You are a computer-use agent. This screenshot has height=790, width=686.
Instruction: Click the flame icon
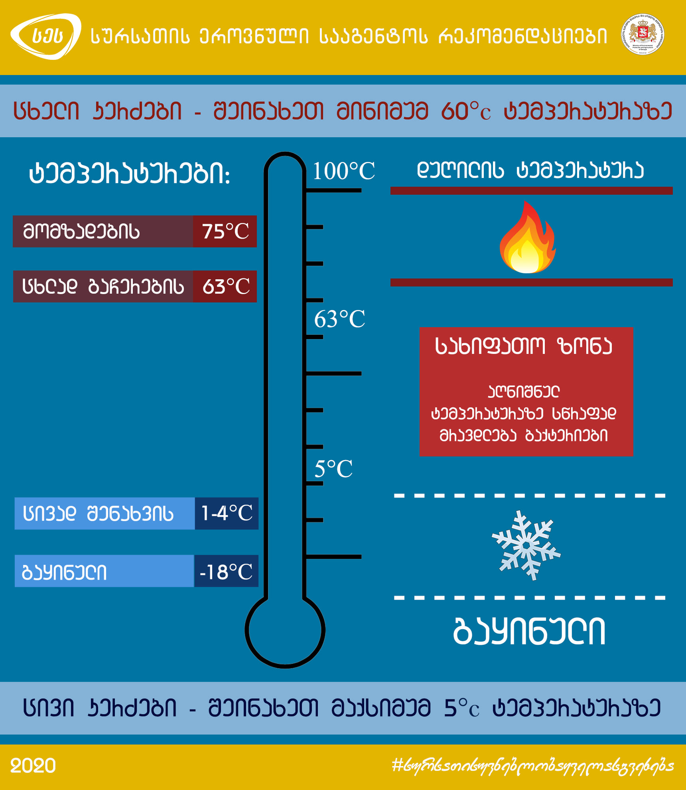coord(527,239)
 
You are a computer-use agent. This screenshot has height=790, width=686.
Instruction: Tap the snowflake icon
coord(526,545)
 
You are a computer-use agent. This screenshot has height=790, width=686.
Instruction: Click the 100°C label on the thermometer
coord(343,171)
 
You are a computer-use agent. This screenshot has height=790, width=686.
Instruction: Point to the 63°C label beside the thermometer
coord(339,319)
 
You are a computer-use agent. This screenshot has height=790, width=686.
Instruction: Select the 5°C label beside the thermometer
coord(333,468)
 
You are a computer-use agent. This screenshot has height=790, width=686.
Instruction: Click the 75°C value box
coord(225,231)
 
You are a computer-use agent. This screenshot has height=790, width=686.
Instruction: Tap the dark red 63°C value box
coord(225,286)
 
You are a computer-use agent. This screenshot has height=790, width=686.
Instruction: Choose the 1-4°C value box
coord(227,513)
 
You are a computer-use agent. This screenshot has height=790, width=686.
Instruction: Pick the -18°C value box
coord(226,571)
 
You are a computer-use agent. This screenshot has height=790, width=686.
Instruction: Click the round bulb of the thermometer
coord(285,630)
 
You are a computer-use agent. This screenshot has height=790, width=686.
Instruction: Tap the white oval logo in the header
coord(46,36)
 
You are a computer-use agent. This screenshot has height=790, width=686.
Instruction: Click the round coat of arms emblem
coord(642,34)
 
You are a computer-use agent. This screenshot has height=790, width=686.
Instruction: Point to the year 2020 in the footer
coord(33,766)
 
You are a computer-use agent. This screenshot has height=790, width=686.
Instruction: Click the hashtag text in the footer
coord(532,766)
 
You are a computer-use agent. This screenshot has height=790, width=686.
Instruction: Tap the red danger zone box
coord(526,391)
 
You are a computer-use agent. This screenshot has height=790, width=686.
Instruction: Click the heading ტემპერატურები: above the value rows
coord(130,174)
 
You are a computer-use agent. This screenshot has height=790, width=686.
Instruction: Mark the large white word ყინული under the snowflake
coord(529,631)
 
